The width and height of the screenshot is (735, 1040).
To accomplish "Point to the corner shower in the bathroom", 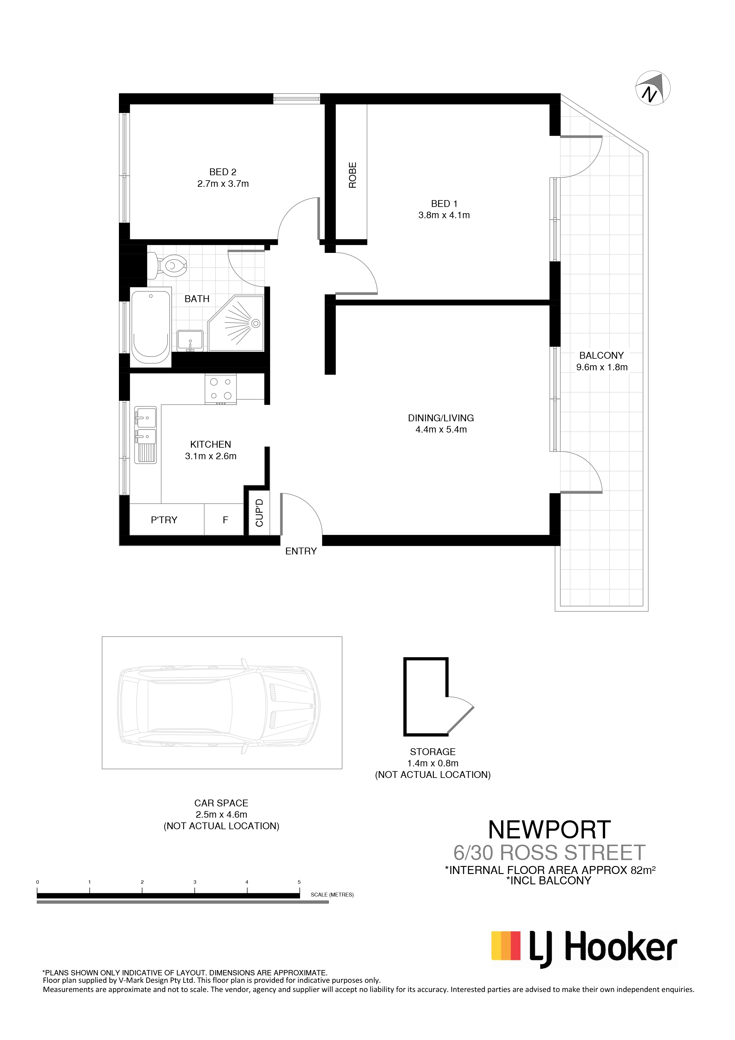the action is (235, 323).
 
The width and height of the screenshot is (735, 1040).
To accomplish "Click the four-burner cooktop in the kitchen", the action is (221, 389).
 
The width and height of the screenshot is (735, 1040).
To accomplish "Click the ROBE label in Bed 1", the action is (353, 175).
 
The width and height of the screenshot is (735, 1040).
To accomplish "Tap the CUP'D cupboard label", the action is (259, 513).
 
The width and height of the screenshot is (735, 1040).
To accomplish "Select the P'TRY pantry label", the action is (164, 520).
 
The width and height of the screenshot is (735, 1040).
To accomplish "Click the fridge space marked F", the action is (225, 520).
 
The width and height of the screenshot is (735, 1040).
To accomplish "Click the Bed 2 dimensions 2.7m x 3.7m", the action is (223, 184).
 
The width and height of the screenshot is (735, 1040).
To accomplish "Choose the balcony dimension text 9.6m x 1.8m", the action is (602, 367).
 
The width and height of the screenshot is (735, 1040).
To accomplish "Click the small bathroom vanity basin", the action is (190, 341).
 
